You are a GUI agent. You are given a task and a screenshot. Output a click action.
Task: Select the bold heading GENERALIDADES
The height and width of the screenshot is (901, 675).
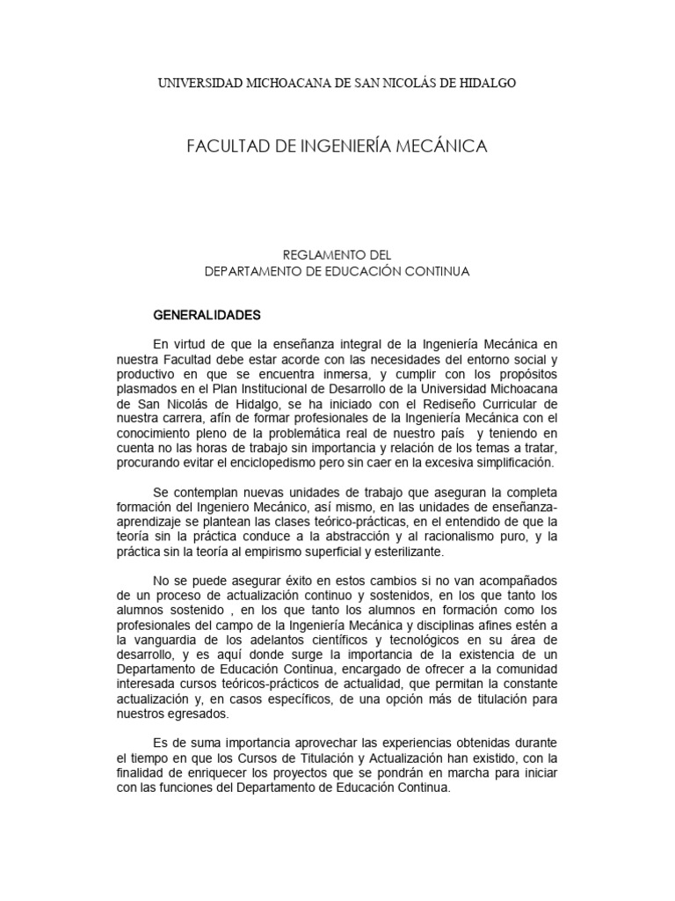(207, 313)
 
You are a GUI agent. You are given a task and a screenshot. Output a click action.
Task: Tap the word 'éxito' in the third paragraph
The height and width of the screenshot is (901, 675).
(272, 581)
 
